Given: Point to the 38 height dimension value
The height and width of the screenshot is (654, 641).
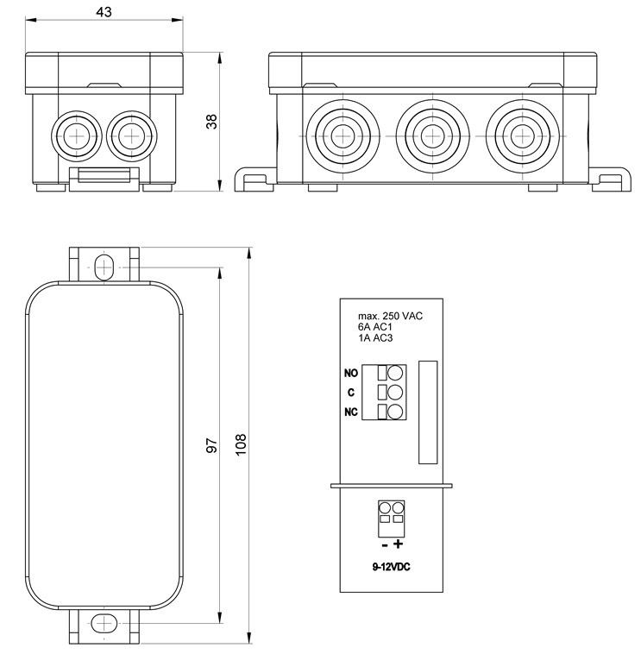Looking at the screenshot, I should pyautogui.click(x=211, y=121).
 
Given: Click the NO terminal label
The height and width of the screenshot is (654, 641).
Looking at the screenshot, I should pyautogui.click(x=351, y=374).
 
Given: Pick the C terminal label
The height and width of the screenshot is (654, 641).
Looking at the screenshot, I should pyautogui.click(x=351, y=393).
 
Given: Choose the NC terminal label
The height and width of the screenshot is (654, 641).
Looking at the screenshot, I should pyautogui.click(x=351, y=412).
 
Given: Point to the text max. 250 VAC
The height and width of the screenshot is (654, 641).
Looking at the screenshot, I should pyautogui.click(x=390, y=316).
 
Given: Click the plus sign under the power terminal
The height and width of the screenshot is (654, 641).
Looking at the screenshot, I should pyautogui.click(x=399, y=544).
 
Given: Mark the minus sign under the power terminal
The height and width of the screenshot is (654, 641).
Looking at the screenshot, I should pyautogui.click(x=383, y=544).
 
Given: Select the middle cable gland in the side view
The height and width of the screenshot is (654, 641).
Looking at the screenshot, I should pyautogui.click(x=429, y=135).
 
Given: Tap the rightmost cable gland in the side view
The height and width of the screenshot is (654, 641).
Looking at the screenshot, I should pyautogui.click(x=518, y=135).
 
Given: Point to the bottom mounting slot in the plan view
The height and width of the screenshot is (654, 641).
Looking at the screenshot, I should pyautogui.click(x=104, y=623).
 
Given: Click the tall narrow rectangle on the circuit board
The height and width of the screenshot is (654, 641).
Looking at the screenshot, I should pyautogui.click(x=428, y=412).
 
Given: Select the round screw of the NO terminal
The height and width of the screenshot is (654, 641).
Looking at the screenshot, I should pyautogui.click(x=396, y=374).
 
